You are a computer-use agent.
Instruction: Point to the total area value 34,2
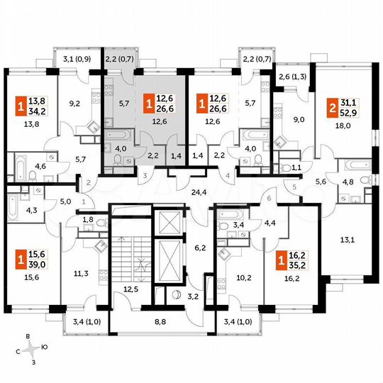(x=33, y=110)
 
